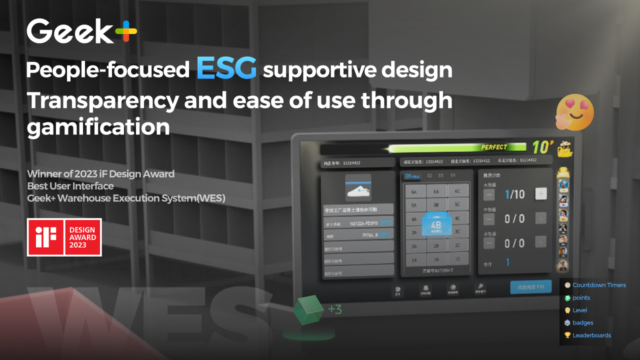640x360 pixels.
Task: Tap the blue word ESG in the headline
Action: pos(226,68)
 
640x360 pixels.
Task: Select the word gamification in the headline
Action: pos(98,127)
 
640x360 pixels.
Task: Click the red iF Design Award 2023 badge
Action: pos(64,237)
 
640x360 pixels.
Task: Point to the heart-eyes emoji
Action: pos(575,112)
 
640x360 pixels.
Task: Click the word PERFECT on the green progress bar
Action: pos(493,147)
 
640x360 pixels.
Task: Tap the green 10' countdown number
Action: pos(542,147)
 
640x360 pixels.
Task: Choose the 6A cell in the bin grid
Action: pos(414,191)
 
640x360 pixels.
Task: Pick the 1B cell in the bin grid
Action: pos(436,259)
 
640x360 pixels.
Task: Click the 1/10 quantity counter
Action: pos(514,194)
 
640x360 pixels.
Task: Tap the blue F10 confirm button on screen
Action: pos(530,287)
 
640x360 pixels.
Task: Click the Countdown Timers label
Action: pos(599,285)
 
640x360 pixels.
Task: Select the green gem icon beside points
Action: pos(567,298)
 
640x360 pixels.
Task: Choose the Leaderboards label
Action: pos(591,335)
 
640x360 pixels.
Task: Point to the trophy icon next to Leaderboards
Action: pos(567,335)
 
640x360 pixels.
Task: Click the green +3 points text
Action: pos(335,310)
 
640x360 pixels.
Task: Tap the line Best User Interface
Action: pos(70,186)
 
